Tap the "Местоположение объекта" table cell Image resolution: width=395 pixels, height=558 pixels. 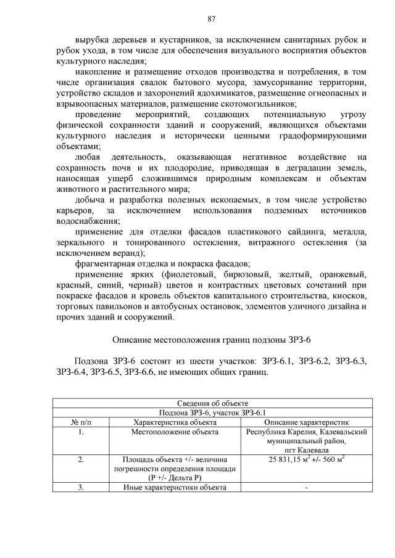tap(175, 432)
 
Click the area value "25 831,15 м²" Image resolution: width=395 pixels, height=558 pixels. tap(292, 460)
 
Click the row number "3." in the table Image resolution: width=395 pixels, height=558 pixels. tap(81, 488)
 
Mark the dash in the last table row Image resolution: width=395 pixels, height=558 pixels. tap(306, 488)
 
